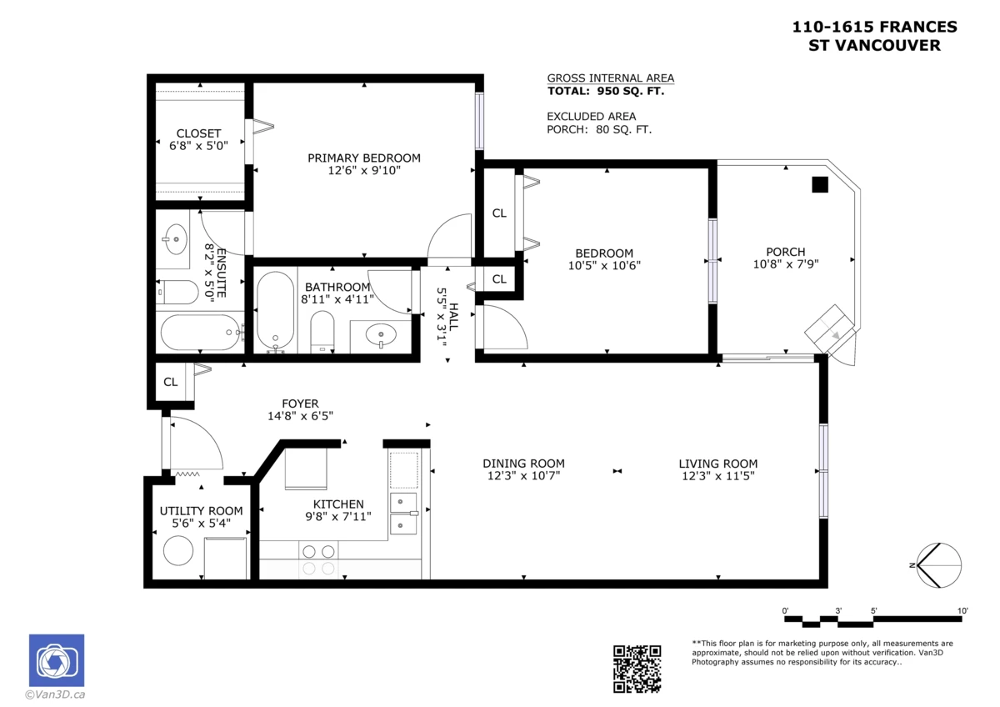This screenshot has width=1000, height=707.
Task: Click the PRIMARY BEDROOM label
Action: coord(364,158)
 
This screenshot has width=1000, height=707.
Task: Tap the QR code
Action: coord(637,669)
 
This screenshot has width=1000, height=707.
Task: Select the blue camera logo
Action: coord(57,660)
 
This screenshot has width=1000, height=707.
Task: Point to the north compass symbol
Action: coord(938,565)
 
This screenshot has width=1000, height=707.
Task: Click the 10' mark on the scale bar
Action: coord(962,610)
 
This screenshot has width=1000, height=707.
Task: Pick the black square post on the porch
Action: coord(820,184)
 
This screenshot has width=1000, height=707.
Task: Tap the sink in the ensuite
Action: coord(176,239)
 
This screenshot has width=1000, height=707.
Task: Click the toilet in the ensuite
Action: coord(177,292)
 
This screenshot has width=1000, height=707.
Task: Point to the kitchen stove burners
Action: coord(318,559)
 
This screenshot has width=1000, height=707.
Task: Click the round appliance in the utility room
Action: coord(178,551)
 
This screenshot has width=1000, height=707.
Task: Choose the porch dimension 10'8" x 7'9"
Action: coord(786,264)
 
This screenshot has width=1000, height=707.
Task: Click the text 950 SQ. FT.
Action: coord(630,91)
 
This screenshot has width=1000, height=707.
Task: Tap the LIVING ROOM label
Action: coord(717,464)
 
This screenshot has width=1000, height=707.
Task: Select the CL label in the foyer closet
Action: coord(171,382)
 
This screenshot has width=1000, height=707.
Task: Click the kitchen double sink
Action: coord(403,514)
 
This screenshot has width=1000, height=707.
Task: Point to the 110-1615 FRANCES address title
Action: coord(874,27)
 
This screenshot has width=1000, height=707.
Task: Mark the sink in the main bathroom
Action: coord(381,334)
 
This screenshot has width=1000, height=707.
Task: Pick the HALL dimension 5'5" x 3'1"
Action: coord(442,318)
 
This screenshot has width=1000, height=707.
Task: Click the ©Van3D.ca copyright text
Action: coord(55,694)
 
